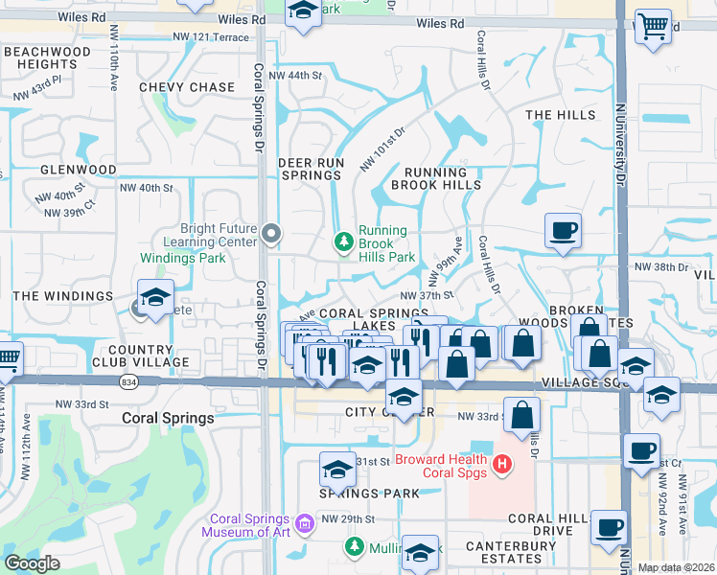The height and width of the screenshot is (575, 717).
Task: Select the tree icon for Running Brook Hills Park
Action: coord(343,243)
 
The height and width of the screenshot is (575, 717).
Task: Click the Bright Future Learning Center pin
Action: coord(272,233)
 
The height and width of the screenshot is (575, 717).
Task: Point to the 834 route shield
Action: coord(127,381)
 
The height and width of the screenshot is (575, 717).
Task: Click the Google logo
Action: coord(32,563)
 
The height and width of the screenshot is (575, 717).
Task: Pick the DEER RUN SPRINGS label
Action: coord(310,170)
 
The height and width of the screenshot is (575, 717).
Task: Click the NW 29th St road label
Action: coord(347,518)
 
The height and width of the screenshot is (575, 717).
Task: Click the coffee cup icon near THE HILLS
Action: coord(564,230)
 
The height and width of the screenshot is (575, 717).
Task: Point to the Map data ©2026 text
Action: coord(676,567)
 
